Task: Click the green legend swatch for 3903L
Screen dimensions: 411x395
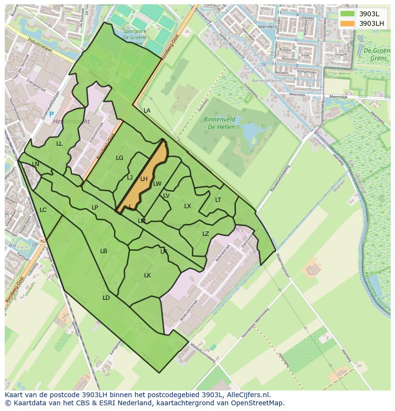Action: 348,14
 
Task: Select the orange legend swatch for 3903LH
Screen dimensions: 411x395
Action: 348,23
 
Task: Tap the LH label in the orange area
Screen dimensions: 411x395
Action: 144,179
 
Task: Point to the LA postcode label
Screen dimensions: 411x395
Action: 147,111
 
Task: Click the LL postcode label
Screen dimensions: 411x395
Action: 59,144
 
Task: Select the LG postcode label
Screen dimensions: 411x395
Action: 120,158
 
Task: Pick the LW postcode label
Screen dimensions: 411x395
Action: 157,184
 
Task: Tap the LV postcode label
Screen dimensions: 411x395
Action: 166,196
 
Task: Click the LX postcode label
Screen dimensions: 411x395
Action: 187,206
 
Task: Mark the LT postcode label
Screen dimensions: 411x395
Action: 218,200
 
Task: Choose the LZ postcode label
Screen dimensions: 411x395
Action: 206,234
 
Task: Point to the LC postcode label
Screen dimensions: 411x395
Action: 43,210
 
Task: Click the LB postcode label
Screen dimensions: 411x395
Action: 104,251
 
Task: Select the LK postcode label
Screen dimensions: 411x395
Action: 147,275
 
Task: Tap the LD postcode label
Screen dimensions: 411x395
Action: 106,298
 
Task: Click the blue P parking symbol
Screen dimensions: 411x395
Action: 52,115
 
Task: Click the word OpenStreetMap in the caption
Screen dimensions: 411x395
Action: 260,403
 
